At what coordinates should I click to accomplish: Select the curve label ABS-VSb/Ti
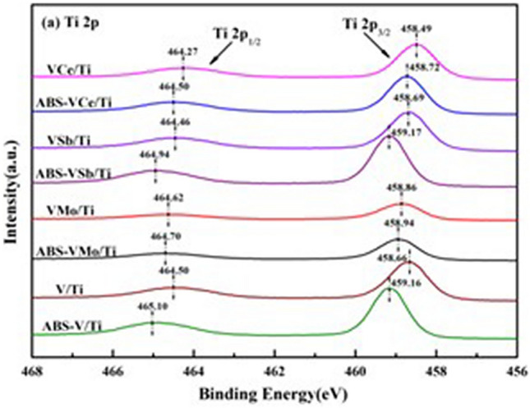(x=73, y=173)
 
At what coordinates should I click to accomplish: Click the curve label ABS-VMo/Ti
(x=73, y=253)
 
